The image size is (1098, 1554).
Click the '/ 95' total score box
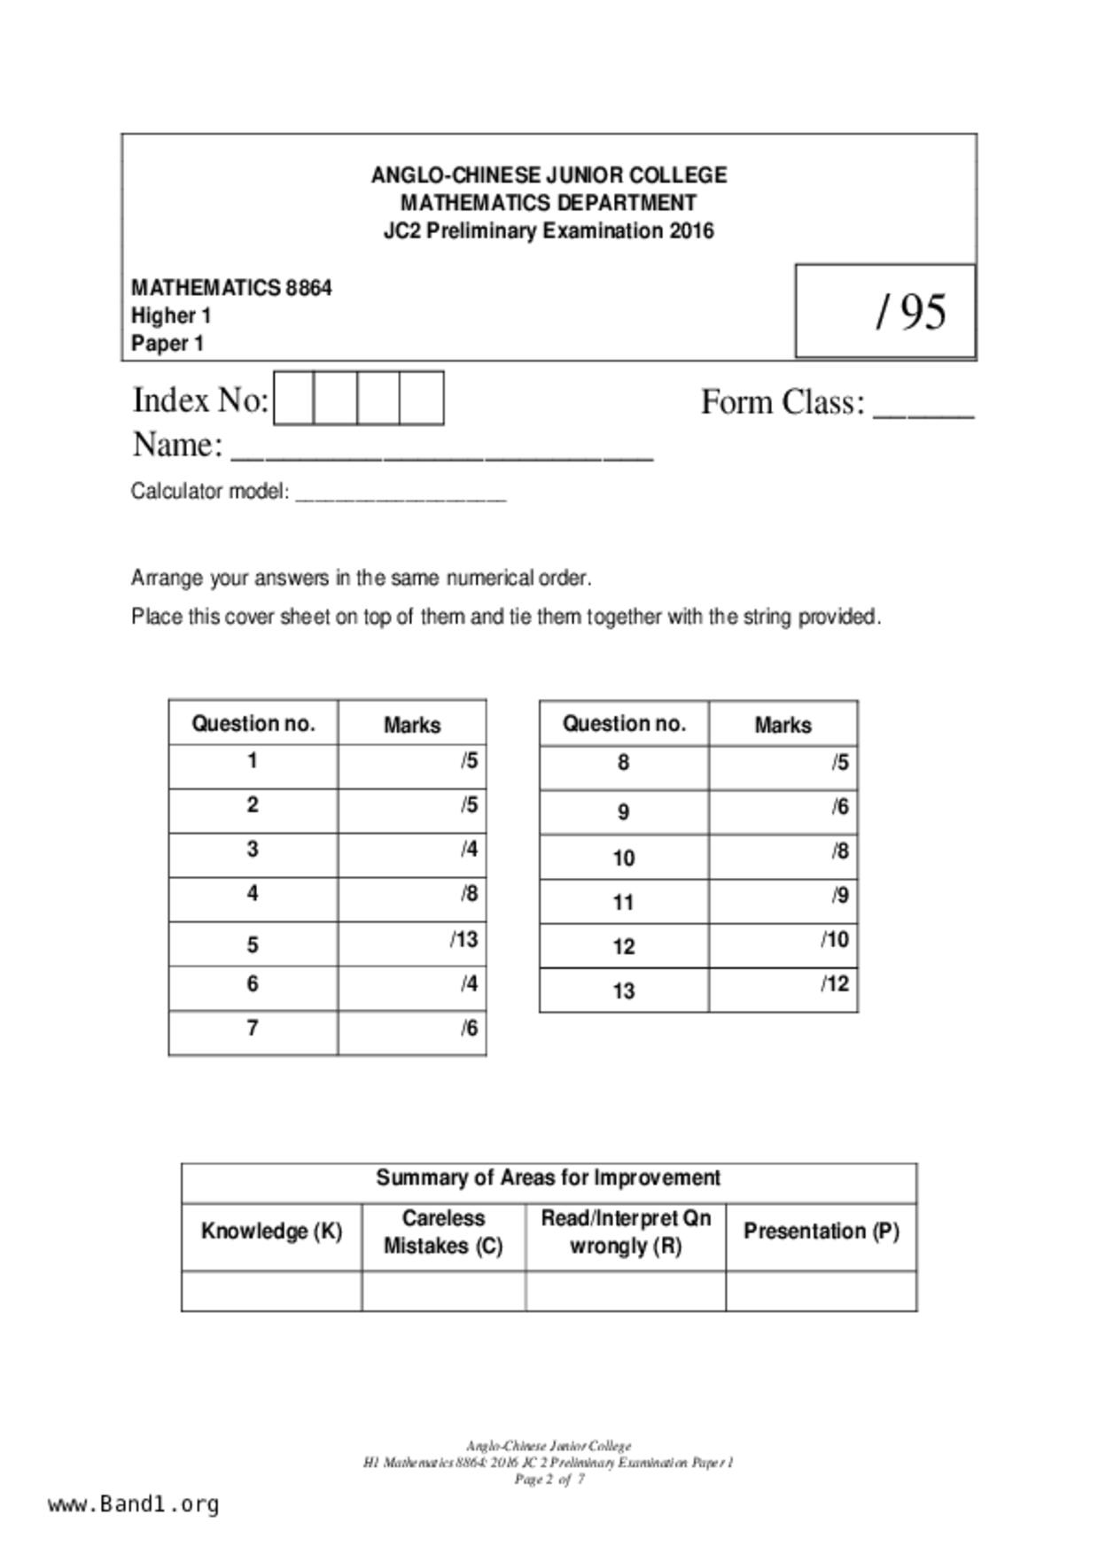coord(885,311)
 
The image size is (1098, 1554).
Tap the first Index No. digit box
coord(294,399)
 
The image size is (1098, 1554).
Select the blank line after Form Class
coord(923,409)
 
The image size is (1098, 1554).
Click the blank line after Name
coord(441,452)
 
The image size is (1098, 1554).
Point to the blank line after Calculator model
coord(401,494)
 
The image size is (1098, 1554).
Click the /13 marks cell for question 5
coord(412,944)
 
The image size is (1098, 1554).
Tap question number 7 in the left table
coord(253,1029)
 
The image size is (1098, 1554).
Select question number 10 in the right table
coord(623,858)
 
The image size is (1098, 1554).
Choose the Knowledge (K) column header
coord(271,1232)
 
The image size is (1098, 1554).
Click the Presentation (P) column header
coord(821,1232)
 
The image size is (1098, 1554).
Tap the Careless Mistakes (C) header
coord(443,1232)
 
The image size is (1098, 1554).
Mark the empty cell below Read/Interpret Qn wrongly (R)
coord(626,1291)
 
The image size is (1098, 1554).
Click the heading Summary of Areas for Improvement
coord(549,1178)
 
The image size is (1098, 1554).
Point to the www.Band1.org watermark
coord(134,1504)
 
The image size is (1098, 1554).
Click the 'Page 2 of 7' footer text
coord(549,1479)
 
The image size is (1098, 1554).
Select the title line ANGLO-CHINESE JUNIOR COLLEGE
coord(549,175)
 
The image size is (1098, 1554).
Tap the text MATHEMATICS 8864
coord(231,288)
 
